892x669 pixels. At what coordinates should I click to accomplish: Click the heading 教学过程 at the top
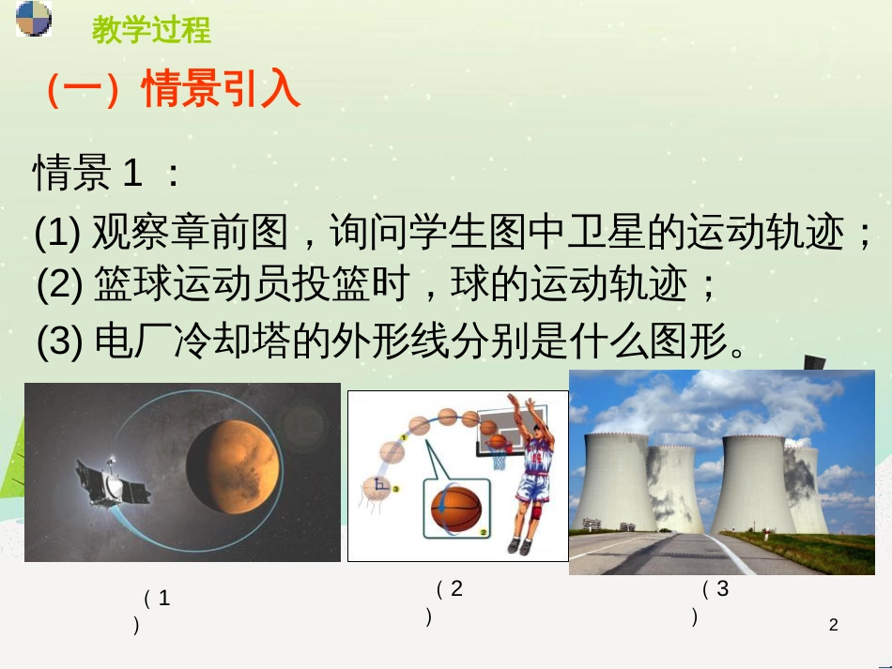[x=151, y=30]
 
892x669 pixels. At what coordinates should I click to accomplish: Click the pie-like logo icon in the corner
[x=34, y=19]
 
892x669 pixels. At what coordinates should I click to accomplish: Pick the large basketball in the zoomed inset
[x=455, y=508]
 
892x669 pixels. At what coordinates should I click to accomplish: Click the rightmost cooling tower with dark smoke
[x=807, y=490]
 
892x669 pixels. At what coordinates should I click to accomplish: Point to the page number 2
[x=833, y=624]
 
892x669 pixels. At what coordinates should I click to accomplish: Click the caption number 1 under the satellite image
[x=164, y=599]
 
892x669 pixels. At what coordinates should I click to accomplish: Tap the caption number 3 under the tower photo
[x=721, y=589]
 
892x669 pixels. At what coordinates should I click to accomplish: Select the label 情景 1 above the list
[x=90, y=174]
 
